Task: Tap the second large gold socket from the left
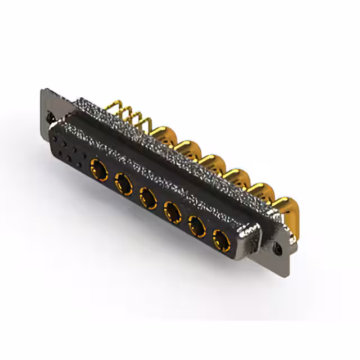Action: click(123, 183)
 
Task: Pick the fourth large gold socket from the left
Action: click(172, 212)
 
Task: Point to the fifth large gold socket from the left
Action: click(196, 227)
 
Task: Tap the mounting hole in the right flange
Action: click(276, 246)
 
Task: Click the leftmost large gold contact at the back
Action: click(160, 135)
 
